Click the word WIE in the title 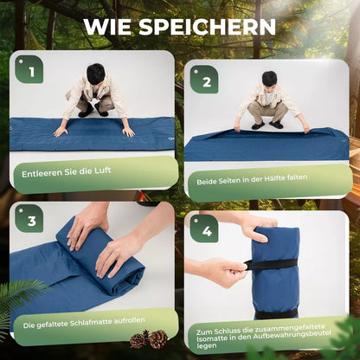point(108,27)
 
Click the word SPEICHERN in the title point(207,27)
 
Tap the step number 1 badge point(29,69)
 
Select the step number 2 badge point(204,80)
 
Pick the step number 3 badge point(29,219)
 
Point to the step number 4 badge point(204,228)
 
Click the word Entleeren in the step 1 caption point(37,174)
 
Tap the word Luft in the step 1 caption point(102,170)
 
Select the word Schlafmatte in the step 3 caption point(91,323)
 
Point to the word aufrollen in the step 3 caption point(129,321)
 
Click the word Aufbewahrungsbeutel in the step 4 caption point(292,336)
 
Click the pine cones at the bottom point(149,339)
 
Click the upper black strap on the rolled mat point(271,264)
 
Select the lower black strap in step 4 point(276,313)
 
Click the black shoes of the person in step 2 point(267,125)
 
